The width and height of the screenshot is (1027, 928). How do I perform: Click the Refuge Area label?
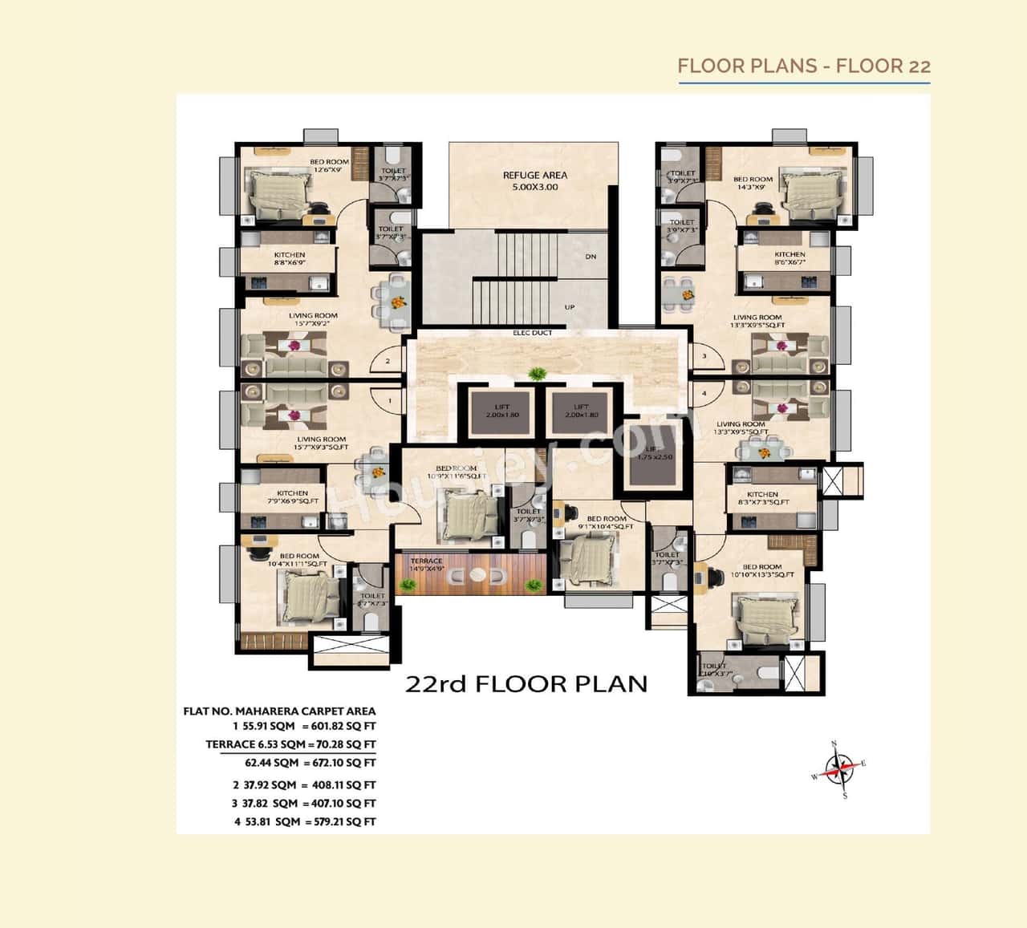(534, 180)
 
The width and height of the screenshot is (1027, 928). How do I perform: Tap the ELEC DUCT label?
(533, 333)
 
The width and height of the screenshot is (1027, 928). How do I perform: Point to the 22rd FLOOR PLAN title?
(526, 683)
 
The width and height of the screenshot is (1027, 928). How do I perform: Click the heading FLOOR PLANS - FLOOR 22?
(804, 66)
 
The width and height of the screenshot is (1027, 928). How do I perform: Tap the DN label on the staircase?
(591, 257)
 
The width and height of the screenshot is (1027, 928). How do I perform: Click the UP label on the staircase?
(570, 307)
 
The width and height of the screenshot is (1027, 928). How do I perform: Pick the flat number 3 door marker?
(704, 356)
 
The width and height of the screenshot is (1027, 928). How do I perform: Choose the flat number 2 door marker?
(388, 361)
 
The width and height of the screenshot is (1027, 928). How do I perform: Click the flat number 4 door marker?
(704, 394)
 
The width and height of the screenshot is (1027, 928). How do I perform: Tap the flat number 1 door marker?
(390, 400)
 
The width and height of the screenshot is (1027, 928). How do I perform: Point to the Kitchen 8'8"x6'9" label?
(289, 258)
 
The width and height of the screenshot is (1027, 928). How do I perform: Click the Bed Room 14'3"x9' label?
(753, 183)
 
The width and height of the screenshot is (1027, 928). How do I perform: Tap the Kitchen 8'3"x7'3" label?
(763, 498)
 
